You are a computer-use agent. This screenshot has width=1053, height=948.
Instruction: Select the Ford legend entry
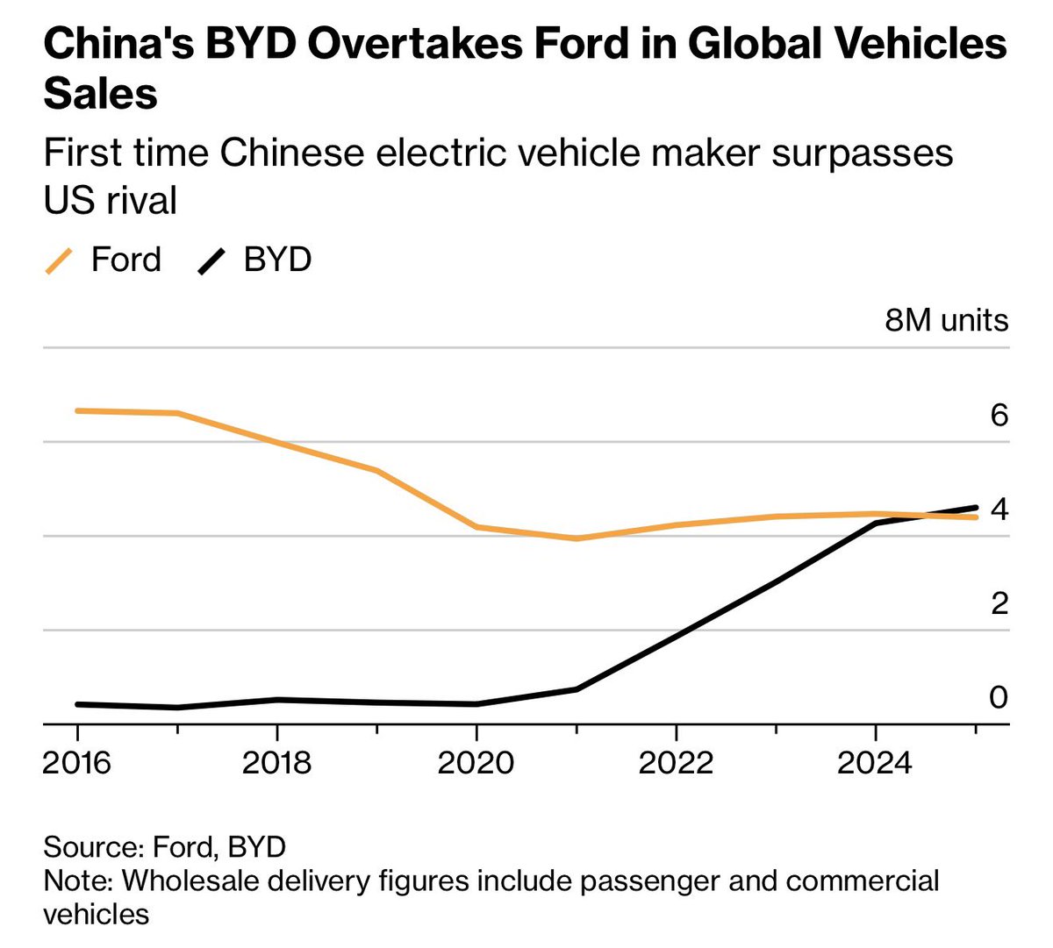pyautogui.click(x=125, y=260)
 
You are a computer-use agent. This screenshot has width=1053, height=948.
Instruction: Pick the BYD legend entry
pyautogui.click(x=277, y=260)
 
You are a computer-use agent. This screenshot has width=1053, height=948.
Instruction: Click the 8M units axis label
pyautogui.click(x=946, y=321)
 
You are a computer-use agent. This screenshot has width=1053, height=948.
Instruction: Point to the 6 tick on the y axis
pyautogui.click(x=999, y=415)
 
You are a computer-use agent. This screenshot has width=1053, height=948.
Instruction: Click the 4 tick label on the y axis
pyautogui.click(x=999, y=510)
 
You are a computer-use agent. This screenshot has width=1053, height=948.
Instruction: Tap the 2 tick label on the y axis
pyautogui.click(x=999, y=603)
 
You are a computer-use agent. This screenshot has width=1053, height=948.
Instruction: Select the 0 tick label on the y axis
pyautogui.click(x=999, y=697)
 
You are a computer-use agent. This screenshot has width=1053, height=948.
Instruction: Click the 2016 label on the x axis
pyautogui.click(x=77, y=763)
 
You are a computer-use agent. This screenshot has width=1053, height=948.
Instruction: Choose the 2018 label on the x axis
pyautogui.click(x=276, y=763)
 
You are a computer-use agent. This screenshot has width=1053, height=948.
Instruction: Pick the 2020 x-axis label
pyautogui.click(x=476, y=763)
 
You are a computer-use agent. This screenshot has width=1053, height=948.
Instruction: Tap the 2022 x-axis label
pyautogui.click(x=676, y=763)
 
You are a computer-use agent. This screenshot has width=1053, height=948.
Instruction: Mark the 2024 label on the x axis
pyautogui.click(x=875, y=763)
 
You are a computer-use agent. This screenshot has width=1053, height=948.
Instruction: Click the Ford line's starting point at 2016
pyautogui.click(x=78, y=410)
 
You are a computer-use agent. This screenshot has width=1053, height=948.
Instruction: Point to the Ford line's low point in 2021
pyautogui.click(x=577, y=538)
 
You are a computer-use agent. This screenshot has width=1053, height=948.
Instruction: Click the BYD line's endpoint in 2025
pyautogui.click(x=975, y=508)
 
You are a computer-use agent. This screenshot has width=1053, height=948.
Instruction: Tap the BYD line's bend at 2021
pyautogui.click(x=577, y=689)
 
